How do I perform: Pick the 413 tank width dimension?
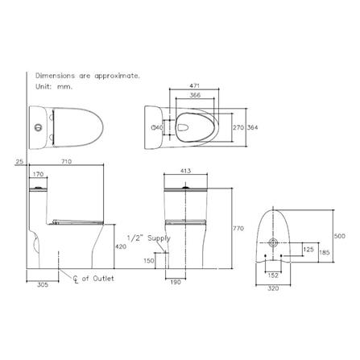click(185, 170)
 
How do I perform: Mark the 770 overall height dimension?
click(237, 229)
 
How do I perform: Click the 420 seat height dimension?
click(120, 246)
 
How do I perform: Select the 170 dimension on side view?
click(38, 173)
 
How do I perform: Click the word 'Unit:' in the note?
click(39, 84)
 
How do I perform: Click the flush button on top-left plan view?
click(36, 126)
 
